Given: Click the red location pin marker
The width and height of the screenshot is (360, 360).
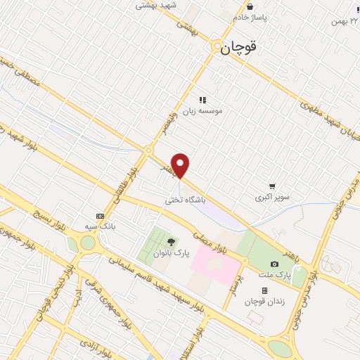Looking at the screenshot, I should coord(181,165).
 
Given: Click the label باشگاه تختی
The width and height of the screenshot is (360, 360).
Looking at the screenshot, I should coord(186,200).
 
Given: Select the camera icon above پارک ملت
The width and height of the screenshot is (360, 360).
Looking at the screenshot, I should coord(275,263).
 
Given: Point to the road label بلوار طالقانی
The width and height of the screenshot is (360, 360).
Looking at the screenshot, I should coord(120,182).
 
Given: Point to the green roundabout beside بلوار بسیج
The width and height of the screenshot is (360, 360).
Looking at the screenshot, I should coord(87,243).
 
